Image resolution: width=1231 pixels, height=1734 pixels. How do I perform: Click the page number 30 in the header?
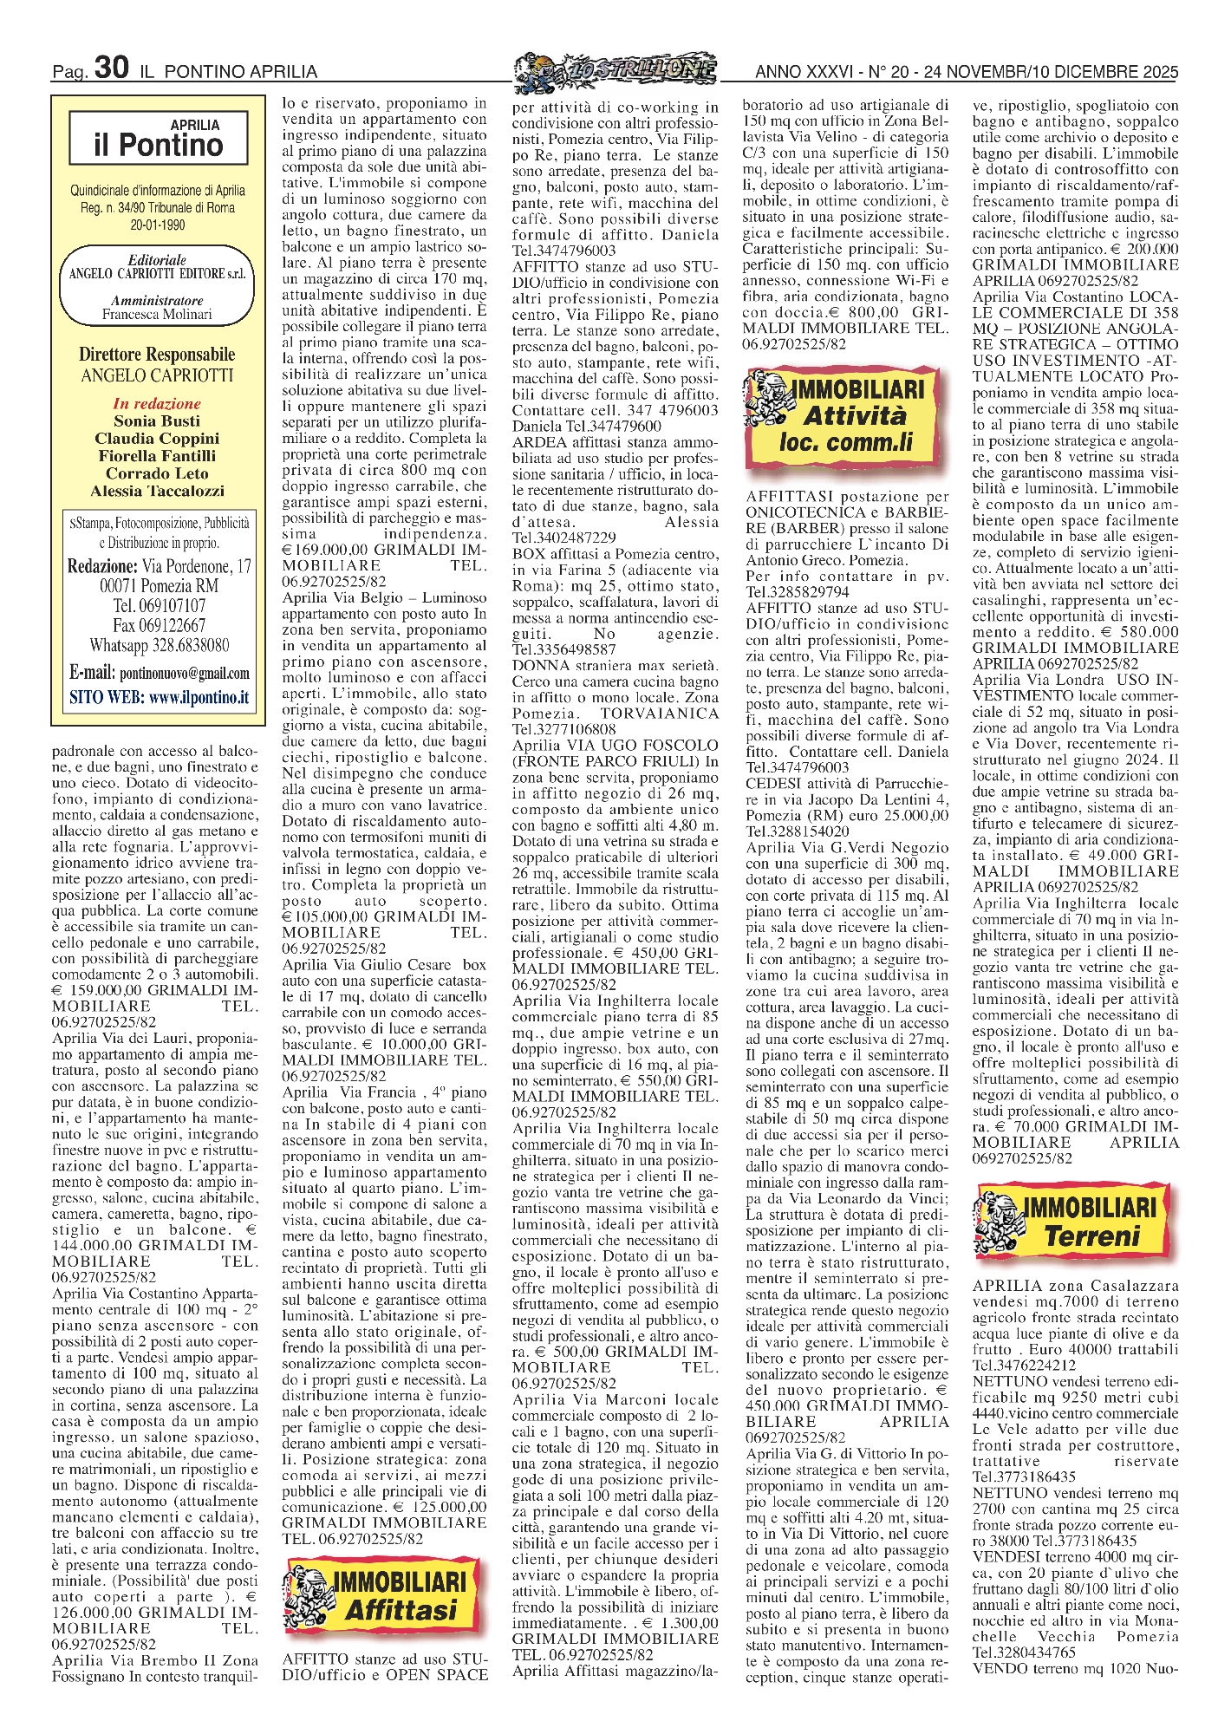(112, 68)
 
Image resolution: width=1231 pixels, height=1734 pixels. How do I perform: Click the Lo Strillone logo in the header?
(615, 68)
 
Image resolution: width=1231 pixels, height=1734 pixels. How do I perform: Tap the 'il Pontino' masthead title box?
(158, 139)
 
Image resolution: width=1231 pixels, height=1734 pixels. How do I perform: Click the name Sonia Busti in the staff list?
(157, 421)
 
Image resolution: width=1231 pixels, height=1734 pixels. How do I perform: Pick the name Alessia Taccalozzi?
(157, 491)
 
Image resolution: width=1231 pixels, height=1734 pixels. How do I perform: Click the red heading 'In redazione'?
(157, 404)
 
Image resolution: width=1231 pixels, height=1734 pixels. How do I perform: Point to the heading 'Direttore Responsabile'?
(157, 355)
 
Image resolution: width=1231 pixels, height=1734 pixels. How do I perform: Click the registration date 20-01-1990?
(157, 225)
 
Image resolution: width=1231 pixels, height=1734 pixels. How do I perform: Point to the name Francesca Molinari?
(157, 315)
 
